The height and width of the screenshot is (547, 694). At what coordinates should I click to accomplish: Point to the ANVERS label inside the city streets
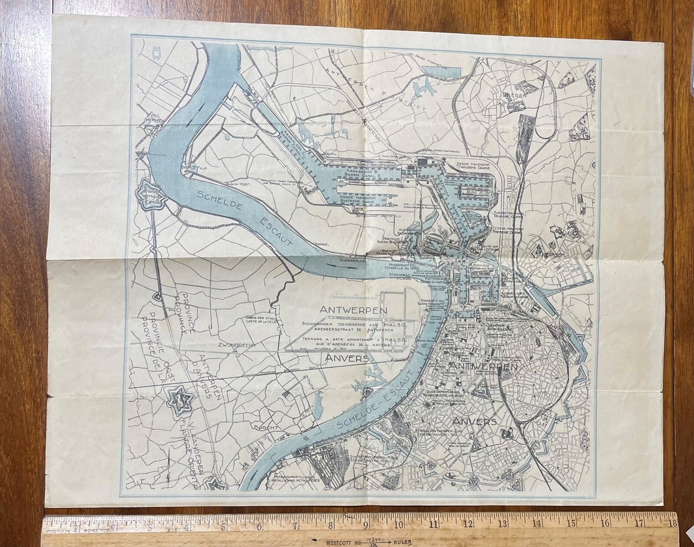(x=475, y=421)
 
